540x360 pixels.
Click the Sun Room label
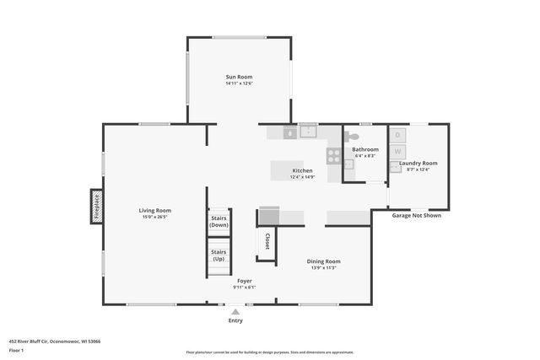(x=239, y=77)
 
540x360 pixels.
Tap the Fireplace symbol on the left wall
(x=96, y=207)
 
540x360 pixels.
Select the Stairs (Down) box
(x=219, y=222)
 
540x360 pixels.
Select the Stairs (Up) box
(x=219, y=255)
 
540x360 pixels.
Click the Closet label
(x=267, y=241)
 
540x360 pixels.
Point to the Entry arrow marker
(x=235, y=312)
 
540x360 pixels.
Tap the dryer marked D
(x=397, y=135)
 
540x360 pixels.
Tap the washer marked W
(x=397, y=152)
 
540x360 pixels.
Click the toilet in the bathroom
(x=353, y=136)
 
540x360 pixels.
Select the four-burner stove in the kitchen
(x=334, y=156)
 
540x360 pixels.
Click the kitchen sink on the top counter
(x=308, y=131)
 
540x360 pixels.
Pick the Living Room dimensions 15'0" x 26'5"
(x=155, y=217)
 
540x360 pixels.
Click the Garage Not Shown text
(x=417, y=216)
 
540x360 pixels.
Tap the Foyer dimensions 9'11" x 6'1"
(x=244, y=287)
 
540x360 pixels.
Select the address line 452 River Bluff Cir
(x=55, y=341)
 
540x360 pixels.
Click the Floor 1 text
(x=15, y=350)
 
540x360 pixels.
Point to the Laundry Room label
(x=418, y=163)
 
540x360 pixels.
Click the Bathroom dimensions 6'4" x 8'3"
(x=365, y=156)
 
